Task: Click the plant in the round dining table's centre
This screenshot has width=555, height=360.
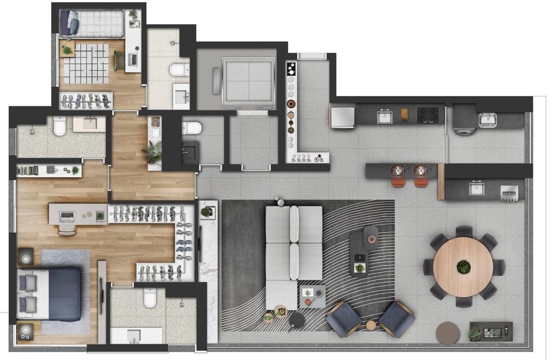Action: (x=463, y=267)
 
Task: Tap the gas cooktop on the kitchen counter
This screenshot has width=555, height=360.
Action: (x=428, y=115)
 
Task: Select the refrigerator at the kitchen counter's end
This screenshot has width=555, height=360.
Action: (x=342, y=116)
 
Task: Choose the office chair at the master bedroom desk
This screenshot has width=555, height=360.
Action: (x=67, y=230)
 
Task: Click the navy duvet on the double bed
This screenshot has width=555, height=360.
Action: (x=64, y=293)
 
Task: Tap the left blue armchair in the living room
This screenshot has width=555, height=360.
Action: (x=343, y=318)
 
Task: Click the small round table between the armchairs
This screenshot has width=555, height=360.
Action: (x=371, y=325)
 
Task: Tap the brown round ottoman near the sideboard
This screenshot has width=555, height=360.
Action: (x=448, y=333)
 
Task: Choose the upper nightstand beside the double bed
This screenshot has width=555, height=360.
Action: (x=25, y=256)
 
